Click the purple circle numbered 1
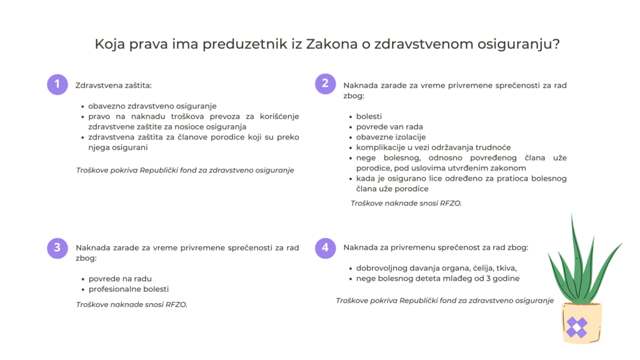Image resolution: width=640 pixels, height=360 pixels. tap(57, 84)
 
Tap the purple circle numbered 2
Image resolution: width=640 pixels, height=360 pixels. tap(325, 84)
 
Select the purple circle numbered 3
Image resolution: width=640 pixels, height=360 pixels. tap(57, 248)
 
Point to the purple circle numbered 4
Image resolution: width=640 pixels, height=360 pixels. tap(325, 248)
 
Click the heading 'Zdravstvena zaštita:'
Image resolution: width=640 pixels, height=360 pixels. tap(114, 85)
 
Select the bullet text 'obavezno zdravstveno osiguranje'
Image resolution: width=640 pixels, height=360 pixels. tap(152, 106)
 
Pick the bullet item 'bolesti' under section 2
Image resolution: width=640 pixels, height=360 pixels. tap(369, 116)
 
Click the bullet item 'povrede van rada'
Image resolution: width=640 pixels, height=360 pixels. tap(389, 127)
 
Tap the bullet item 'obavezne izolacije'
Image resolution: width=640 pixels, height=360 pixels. tap(391, 137)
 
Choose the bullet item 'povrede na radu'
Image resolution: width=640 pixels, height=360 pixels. tap(120, 279)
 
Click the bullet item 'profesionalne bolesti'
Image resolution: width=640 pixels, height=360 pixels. tap(129, 289)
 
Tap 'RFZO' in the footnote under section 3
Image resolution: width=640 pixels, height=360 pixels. tap(176, 304)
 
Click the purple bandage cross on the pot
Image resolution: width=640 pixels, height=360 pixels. tap(576, 327)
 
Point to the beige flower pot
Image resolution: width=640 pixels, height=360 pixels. tap(582, 323)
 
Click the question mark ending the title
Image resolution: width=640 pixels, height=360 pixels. tap(556, 43)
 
